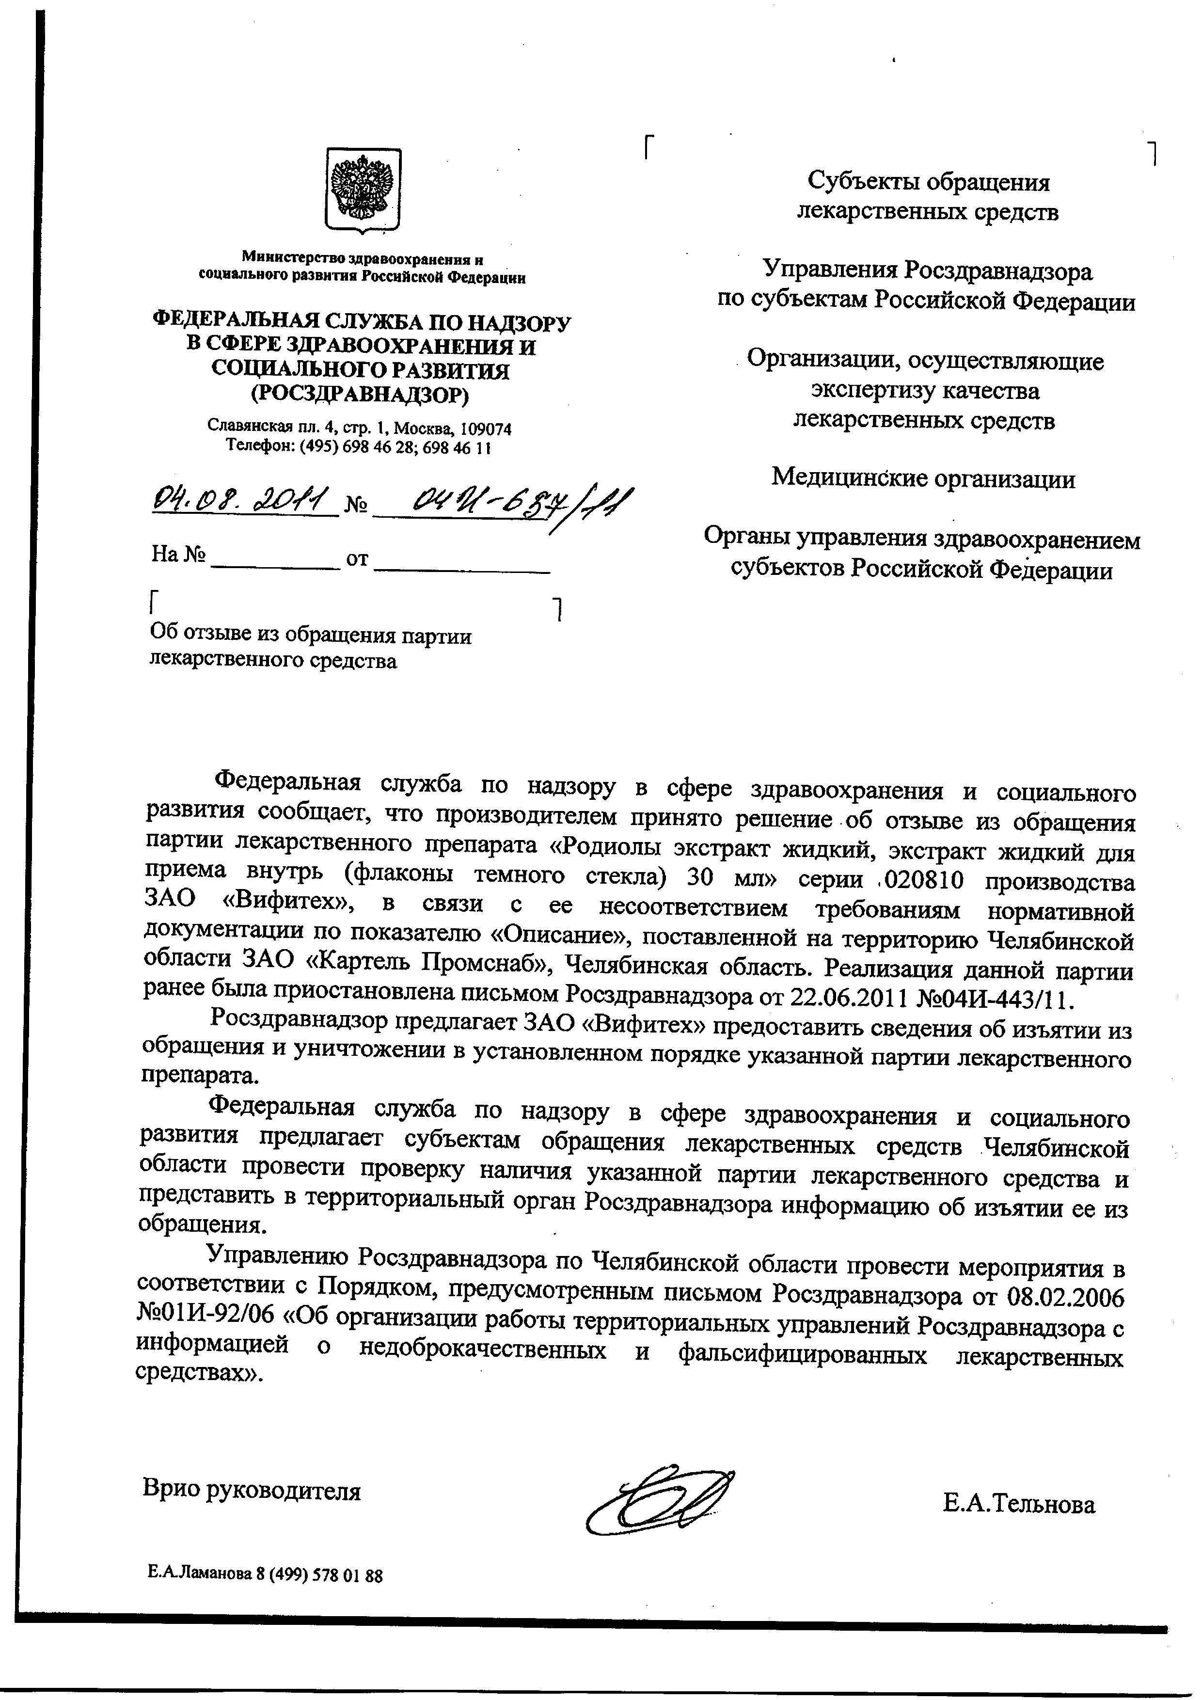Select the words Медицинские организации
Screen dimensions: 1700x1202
point(923,479)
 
